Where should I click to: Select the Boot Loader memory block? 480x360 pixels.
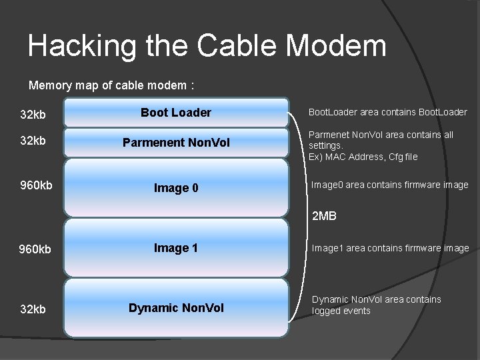(176, 113)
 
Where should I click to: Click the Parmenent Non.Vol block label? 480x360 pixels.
(176, 143)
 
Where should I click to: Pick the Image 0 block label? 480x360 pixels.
(176, 188)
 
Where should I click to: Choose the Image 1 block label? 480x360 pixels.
(176, 248)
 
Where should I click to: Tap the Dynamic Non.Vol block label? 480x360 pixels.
(176, 308)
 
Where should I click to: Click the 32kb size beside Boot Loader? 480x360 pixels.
(33, 115)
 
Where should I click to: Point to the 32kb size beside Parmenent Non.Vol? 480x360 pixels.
(33, 142)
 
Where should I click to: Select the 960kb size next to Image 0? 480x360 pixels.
(36, 185)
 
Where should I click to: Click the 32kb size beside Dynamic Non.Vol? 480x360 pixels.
(33, 309)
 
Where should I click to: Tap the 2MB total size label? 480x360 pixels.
(325, 216)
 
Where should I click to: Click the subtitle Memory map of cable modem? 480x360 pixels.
(111, 85)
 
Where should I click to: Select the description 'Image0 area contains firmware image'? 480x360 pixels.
(390, 185)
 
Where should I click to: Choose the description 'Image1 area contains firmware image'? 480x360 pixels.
(390, 248)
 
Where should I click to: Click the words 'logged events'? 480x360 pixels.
(341, 311)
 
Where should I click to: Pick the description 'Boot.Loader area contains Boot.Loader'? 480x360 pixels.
(387, 112)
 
